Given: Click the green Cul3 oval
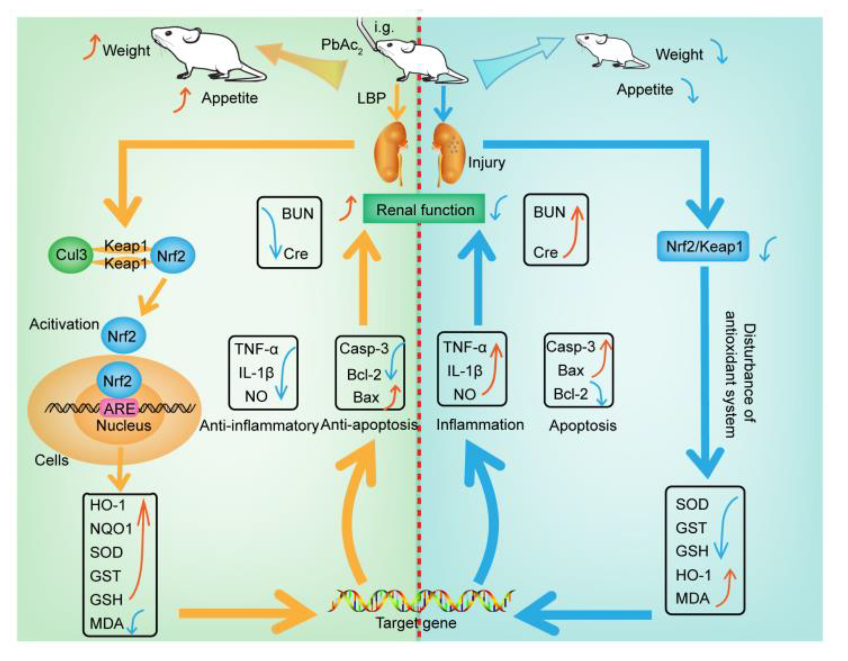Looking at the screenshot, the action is (71, 255).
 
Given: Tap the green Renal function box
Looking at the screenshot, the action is (424, 209).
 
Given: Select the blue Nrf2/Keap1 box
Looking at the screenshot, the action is (703, 246).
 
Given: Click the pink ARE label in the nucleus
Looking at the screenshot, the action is (120, 408).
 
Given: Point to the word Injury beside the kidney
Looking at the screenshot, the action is (486, 162).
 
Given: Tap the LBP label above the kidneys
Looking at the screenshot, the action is (371, 98).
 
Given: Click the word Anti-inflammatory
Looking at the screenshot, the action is (259, 426).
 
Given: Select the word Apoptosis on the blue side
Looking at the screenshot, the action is (583, 425).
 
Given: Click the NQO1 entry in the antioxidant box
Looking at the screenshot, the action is (111, 528).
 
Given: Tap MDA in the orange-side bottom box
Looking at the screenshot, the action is (107, 623).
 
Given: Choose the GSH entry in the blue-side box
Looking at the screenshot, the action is (692, 551).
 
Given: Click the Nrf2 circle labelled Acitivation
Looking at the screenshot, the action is (122, 336).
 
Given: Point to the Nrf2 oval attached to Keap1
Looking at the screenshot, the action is (171, 255).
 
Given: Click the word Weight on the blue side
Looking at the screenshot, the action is (679, 54).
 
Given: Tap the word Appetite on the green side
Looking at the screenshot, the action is (230, 98).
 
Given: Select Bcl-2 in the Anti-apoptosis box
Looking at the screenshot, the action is (364, 374).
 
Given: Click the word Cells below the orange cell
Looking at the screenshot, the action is (52, 460).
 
